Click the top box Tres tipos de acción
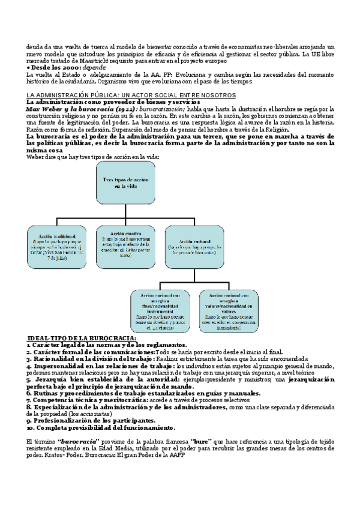[x=125, y=183]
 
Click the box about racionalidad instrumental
[x=160, y=312]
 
